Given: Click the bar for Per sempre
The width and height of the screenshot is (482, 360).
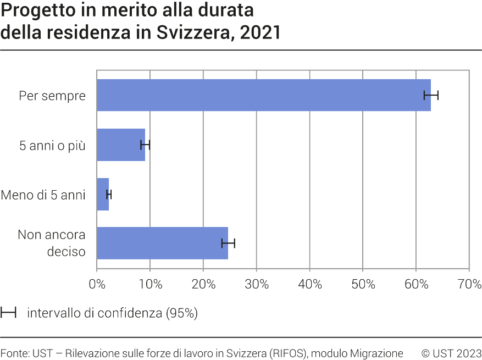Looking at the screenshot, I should (x=264, y=95).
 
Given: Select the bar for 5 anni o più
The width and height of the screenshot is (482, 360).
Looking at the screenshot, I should (x=121, y=145).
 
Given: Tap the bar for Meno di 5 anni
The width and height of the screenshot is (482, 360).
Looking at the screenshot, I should (x=103, y=194).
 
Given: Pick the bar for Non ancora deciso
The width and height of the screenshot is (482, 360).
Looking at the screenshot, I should (x=162, y=243).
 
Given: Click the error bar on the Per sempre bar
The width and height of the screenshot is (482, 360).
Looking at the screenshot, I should (x=431, y=95).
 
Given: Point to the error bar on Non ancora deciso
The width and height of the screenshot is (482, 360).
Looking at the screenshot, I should (x=228, y=243).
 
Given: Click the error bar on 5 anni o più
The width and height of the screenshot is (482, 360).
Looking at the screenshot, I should (x=145, y=145).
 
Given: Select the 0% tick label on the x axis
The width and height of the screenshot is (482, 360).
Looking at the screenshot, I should (x=97, y=285).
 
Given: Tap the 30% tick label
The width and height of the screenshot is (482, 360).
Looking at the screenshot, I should (x=257, y=285).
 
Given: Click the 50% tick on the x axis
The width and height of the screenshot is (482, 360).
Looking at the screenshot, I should (x=363, y=285).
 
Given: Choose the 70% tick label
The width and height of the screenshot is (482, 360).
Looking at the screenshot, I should (x=469, y=285).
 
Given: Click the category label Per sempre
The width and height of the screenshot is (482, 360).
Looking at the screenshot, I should (x=52, y=96).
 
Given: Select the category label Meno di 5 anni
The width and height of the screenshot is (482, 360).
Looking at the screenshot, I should (x=43, y=195).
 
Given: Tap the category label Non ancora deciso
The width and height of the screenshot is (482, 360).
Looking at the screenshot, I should (x=52, y=243).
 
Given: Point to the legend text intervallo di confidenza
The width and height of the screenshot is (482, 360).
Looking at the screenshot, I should (x=112, y=313).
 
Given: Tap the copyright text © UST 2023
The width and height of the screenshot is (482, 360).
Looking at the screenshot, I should (x=451, y=353).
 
